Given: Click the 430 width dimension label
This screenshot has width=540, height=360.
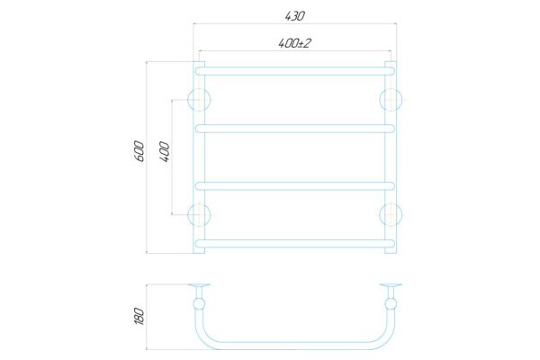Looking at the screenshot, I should [294, 16].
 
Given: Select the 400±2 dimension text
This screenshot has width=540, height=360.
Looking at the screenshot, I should [294, 42].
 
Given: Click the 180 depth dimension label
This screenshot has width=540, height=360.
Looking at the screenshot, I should [139, 317].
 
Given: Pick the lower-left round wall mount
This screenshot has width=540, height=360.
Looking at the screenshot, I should [198, 214].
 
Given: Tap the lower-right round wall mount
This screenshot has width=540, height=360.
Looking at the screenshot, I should [391, 214].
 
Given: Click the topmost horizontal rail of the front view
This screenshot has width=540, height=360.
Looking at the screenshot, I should [294, 67].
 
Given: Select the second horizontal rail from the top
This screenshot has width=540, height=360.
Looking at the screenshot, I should [294, 127].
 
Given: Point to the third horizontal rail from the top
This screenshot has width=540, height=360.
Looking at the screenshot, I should [294, 185].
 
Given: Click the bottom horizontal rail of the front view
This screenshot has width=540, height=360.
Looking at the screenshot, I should [294, 243].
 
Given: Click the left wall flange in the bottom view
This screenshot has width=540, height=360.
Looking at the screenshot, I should [198, 287].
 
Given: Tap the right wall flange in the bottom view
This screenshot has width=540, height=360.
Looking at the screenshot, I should [391, 287].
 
